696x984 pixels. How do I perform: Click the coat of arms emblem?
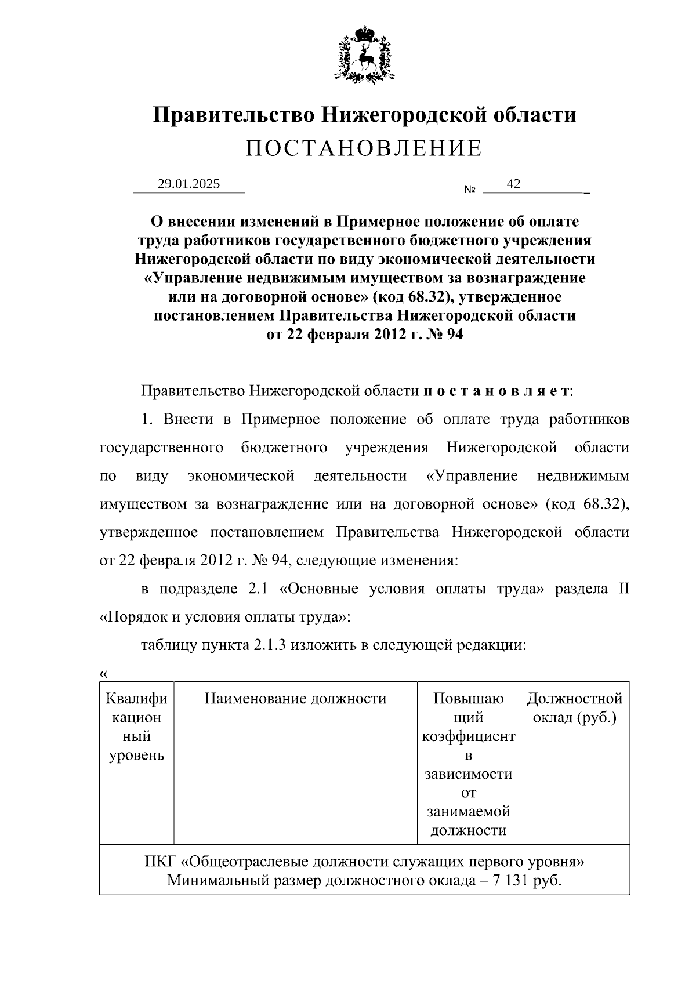pyautogui.click(x=364, y=53)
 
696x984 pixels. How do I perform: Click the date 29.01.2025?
pyautogui.click(x=188, y=184)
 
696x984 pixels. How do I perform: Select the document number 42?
pyautogui.click(x=513, y=184)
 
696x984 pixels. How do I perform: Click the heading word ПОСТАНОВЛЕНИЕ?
pyautogui.click(x=364, y=148)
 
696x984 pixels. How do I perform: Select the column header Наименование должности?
pyautogui.click(x=295, y=698)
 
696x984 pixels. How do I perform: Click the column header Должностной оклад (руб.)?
pyautogui.click(x=574, y=707)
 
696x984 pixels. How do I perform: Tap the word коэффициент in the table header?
pyautogui.click(x=469, y=736)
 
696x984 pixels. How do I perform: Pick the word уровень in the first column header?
pyautogui.click(x=136, y=755)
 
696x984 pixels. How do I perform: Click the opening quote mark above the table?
pyautogui.click(x=104, y=674)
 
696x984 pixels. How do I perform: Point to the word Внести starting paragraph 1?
pyautogui.click(x=188, y=419)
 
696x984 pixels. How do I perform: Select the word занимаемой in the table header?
pyautogui.click(x=469, y=811)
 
